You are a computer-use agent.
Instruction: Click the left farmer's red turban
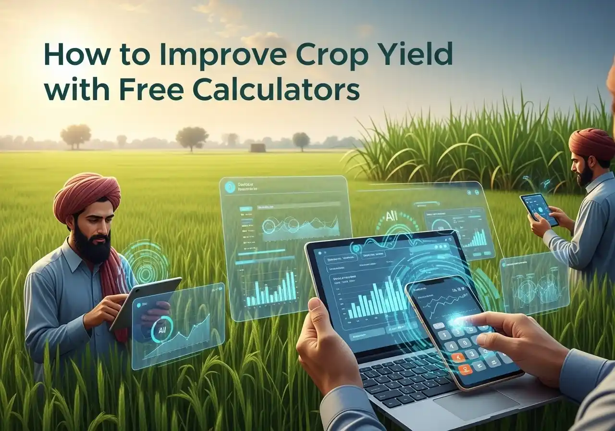(x=86, y=195)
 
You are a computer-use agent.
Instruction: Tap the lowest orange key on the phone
(x=465, y=369)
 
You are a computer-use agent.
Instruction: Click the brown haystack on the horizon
(x=258, y=148)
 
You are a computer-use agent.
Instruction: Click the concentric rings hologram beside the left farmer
(x=146, y=262)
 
